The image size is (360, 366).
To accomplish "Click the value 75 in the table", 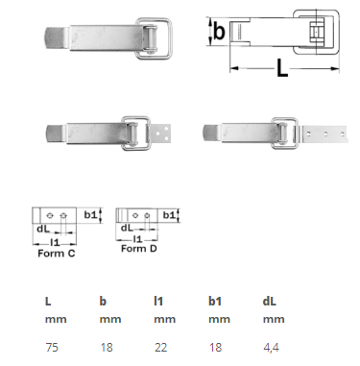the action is click(52, 348).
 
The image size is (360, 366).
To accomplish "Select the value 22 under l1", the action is click(160, 348).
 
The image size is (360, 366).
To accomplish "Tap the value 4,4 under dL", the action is click(271, 348).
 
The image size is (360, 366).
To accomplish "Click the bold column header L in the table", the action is click(48, 301).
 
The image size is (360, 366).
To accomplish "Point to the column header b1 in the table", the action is click(215, 301).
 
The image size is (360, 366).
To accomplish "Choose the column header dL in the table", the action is click(270, 301).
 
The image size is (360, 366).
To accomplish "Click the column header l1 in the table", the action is click(158, 301).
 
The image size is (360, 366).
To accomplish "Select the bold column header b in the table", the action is click(103, 301).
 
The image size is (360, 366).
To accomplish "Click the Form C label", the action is click(57, 254).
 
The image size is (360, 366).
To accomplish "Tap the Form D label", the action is click(139, 249).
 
